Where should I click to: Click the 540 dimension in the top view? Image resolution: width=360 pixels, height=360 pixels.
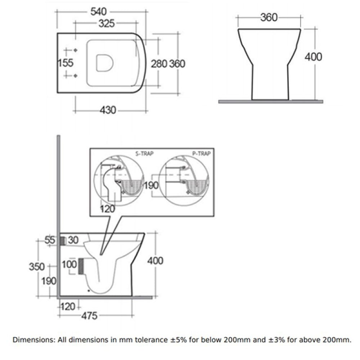point(99,12)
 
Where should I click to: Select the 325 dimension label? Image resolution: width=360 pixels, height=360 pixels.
point(107,23)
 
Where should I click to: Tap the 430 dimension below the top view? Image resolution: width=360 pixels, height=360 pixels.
point(108,110)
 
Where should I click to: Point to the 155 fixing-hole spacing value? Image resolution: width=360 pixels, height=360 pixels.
point(66,63)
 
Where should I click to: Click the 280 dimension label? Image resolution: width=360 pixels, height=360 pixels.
point(159,64)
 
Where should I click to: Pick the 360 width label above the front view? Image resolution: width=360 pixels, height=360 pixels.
point(269,17)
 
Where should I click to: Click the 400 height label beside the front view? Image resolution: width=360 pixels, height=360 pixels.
point(314,57)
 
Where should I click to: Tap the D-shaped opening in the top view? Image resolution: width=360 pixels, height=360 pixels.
point(105,63)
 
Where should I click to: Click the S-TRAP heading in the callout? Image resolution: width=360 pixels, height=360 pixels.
point(144,154)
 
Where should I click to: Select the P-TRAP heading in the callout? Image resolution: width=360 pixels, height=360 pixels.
point(201,154)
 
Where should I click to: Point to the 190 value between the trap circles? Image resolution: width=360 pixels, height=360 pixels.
point(151,185)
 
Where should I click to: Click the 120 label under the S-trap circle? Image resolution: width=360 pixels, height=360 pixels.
point(107,209)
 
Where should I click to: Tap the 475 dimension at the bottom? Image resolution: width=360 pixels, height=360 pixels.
point(89,316)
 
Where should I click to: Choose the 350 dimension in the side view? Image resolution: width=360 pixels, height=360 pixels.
point(37,267)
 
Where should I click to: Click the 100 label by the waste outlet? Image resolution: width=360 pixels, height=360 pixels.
point(69,264)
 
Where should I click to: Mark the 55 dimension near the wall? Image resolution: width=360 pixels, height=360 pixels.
point(50,240)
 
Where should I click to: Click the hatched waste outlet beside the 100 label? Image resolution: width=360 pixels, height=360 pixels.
point(81,266)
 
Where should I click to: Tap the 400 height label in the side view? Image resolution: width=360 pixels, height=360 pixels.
point(155,261)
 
